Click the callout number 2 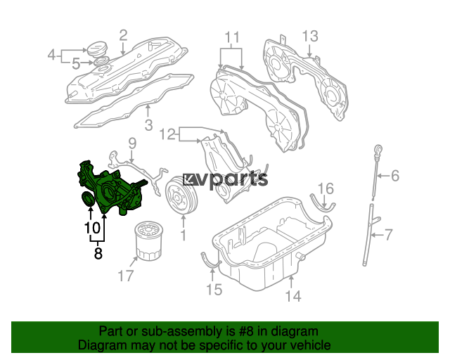(x=123, y=36)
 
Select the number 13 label (x=310, y=37)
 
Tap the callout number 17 (x=126, y=276)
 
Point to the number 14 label (x=293, y=296)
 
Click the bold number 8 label (x=98, y=253)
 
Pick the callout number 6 (x=395, y=176)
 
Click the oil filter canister (x=148, y=241)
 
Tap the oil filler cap (x=97, y=49)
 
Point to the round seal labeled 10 (x=88, y=199)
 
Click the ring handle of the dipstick (x=379, y=150)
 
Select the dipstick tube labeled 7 (x=371, y=235)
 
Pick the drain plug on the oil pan (x=300, y=257)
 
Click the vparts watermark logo (x=225, y=180)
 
